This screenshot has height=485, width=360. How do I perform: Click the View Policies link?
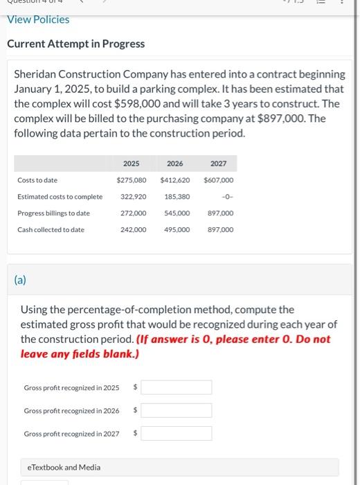tap(38, 19)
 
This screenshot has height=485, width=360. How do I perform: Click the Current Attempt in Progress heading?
tap(75, 44)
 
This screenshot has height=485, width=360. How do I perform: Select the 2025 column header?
tap(131, 164)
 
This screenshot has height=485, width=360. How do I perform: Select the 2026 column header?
tap(175, 164)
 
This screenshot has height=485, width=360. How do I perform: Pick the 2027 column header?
tap(219, 164)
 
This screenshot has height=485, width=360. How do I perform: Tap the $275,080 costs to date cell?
tap(131, 180)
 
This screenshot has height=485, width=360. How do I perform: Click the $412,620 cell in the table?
tap(175, 180)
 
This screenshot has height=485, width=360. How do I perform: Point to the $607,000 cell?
tap(219, 180)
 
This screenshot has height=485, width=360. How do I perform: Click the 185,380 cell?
tap(177, 197)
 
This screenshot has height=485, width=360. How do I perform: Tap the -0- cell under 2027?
tap(227, 197)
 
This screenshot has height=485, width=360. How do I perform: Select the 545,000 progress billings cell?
tap(177, 213)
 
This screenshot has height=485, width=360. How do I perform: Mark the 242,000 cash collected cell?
tap(134, 229)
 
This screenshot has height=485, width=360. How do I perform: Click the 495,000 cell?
tap(177, 229)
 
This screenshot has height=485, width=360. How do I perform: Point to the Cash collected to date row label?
tap(51, 229)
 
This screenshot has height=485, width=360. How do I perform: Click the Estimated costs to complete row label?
tap(60, 197)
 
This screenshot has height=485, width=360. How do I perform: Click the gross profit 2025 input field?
tap(177, 387)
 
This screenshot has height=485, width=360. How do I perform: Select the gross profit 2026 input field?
tap(177, 410)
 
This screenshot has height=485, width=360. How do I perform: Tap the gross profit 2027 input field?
tap(177, 433)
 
